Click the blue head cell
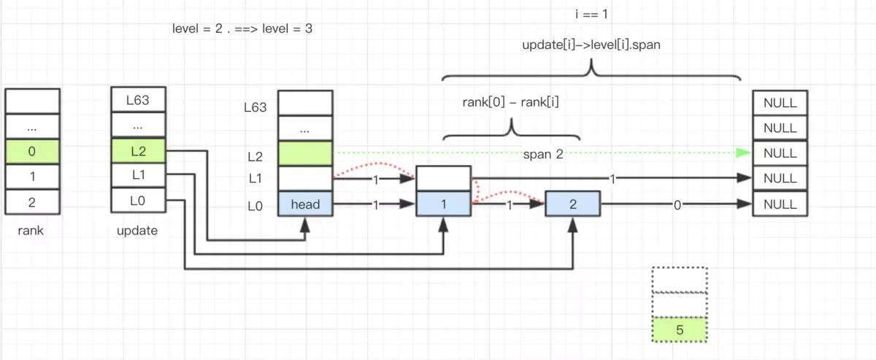pos(305,204)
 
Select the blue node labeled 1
pos(443,204)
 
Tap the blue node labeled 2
pos(572,204)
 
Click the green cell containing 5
pos(679,330)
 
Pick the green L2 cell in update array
pos(137,151)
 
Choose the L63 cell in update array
pos(137,100)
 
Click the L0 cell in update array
pos(137,202)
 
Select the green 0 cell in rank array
pos(31,151)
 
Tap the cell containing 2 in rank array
pos(31,202)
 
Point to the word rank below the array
pos(31,231)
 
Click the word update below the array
pos(137,231)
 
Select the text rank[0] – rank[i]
pos(511,103)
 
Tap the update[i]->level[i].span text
pos(591,45)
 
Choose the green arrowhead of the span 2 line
pos(743,153)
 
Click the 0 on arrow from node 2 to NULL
pos(677,206)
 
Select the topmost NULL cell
pos(780,103)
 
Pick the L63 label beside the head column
pos(255,107)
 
